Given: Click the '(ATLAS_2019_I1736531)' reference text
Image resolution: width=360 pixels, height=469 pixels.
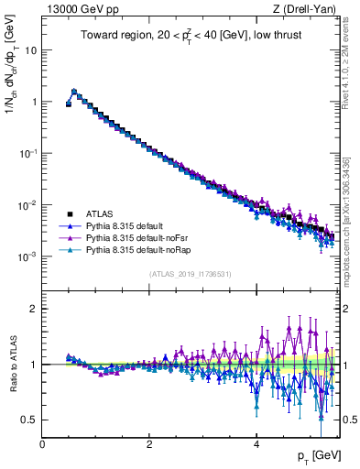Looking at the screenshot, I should pyautogui.click(x=190, y=274).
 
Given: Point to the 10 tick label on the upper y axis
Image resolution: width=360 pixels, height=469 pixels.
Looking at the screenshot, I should pyautogui.click(x=30, y=49).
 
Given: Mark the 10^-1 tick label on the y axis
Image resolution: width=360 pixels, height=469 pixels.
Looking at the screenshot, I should pyautogui.click(x=27, y=153).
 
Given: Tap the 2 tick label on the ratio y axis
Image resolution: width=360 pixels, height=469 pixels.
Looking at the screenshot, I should pyautogui.click(x=33, y=309).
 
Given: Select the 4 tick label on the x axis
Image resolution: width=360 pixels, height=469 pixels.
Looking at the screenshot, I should pyautogui.click(x=256, y=444).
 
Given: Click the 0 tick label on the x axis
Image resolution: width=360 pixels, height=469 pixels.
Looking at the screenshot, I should pyautogui.click(x=42, y=444).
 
